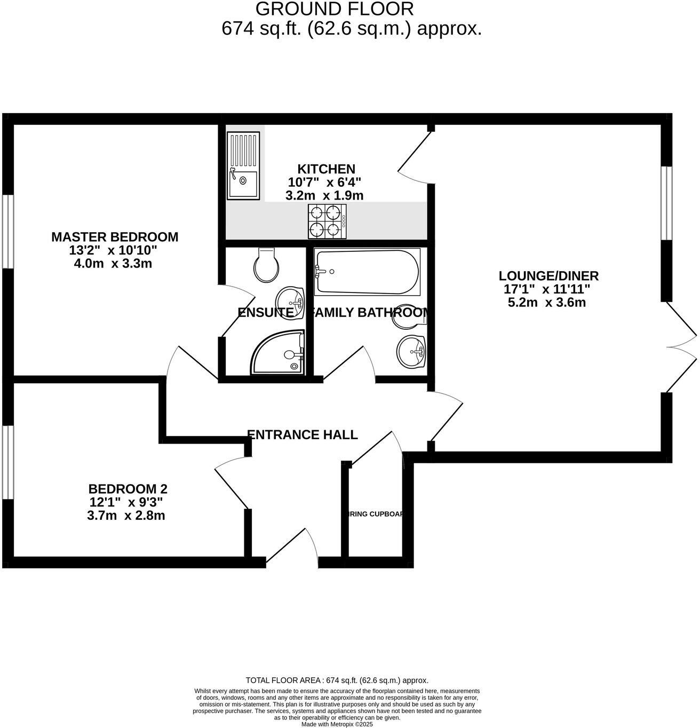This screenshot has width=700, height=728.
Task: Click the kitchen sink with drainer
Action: pos(243,166)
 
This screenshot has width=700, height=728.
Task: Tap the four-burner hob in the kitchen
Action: pos(327,221)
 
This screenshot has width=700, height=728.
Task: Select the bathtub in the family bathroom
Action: pos(367,272)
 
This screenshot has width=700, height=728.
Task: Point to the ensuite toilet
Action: pos(267,266)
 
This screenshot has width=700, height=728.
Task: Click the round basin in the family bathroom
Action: pos(411,352)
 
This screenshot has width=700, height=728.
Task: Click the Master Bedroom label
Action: pos(115,236)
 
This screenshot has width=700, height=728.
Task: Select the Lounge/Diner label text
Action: pos(548,276)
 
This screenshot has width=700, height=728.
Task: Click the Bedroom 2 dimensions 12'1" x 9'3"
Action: pos(126,502)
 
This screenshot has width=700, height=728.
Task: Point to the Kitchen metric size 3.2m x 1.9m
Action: pos(324,196)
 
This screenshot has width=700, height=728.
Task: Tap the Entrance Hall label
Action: pos(303,434)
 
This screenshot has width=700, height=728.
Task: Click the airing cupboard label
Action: pos(373,515)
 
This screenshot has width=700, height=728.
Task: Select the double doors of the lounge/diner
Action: pos(682,347)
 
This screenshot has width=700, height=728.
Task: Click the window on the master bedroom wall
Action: pos(7,231)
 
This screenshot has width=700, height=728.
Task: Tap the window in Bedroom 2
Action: pos(7,462)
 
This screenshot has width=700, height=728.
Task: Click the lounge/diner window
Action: pos(666,203)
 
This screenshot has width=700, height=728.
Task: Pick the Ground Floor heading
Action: pos(335,9)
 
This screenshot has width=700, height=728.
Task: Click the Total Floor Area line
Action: pos(337,680)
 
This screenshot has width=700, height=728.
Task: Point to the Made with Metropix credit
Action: pos(337,724)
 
